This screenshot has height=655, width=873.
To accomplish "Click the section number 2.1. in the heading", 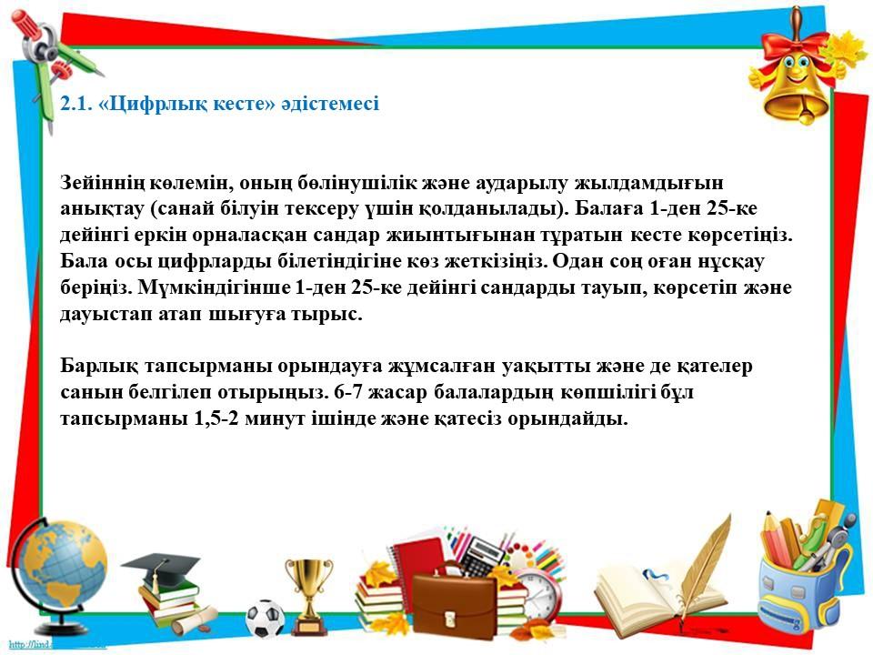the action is (x=75, y=104).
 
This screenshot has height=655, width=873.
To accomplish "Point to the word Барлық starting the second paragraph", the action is (x=99, y=367).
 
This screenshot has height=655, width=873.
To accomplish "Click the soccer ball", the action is (x=265, y=619).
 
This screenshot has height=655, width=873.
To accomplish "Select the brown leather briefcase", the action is (x=454, y=602).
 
